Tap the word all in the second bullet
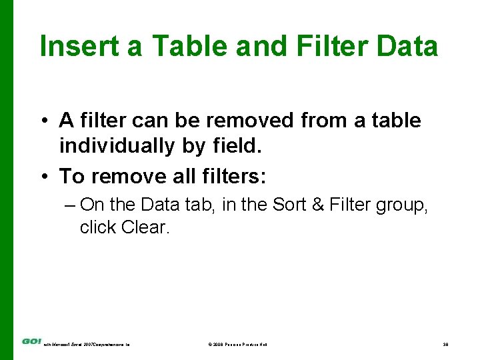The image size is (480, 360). pos(175,176)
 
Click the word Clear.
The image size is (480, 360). pos(146,227)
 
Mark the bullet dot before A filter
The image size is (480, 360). pos(44,121)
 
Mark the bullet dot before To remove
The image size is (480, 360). pos(44,177)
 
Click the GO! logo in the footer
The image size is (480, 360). pos(31,342)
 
